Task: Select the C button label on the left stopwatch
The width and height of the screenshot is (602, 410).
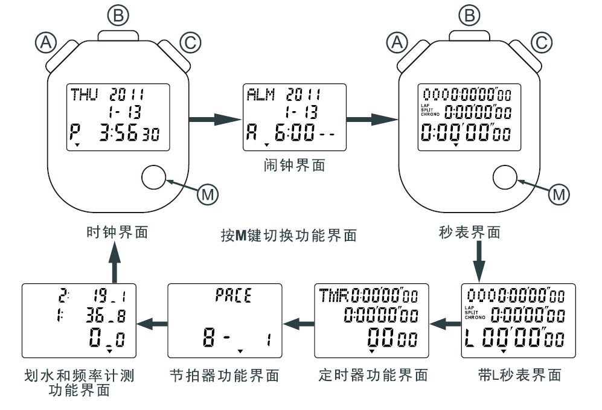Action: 189,42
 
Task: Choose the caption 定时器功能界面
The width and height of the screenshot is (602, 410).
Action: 373,375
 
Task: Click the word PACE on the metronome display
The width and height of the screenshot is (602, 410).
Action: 233,296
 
